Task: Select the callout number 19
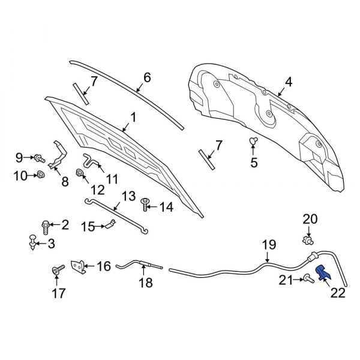[268, 244]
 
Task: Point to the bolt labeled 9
[38, 158]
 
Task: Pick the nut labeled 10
[40, 175]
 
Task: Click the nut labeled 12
[79, 175]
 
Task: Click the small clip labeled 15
[111, 225]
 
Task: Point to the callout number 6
[147, 77]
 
